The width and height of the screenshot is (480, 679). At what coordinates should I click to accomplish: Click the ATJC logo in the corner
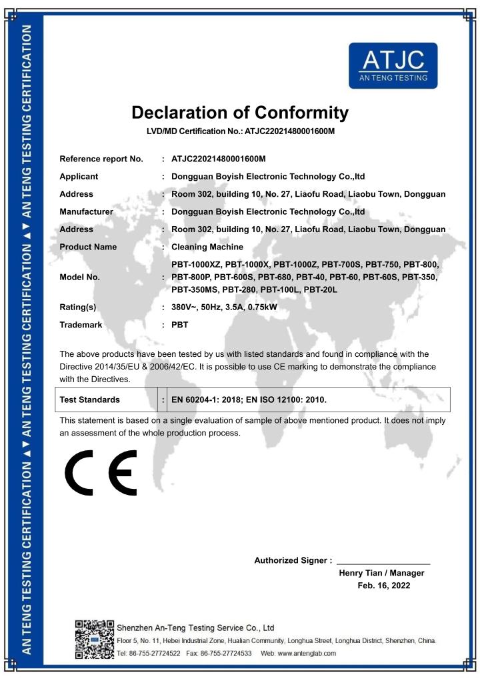[x=393, y=65]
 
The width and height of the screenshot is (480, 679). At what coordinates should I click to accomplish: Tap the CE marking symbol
[x=101, y=473]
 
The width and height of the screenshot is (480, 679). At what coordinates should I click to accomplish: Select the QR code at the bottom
[x=93, y=640]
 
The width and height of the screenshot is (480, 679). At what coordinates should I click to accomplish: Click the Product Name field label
[x=88, y=247]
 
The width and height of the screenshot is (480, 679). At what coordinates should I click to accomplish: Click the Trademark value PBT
[x=180, y=325]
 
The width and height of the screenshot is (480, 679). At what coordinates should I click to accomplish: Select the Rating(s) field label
[x=78, y=307]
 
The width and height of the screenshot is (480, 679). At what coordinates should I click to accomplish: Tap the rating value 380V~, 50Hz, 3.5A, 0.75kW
[x=234, y=307]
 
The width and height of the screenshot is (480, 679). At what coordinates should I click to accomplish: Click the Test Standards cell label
[x=90, y=400]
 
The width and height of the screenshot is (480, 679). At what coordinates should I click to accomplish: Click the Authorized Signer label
[x=293, y=560]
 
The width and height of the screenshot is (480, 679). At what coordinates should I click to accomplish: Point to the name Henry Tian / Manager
[x=381, y=573]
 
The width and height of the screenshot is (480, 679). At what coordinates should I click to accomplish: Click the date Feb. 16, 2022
[x=384, y=586]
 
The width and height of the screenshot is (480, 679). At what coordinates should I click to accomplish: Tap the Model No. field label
[x=79, y=277]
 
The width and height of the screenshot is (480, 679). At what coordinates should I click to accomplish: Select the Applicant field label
[x=79, y=177]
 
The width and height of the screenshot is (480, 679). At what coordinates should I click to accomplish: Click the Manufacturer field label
[x=86, y=211]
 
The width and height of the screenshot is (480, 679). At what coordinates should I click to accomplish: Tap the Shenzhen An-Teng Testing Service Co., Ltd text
[x=195, y=628]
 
